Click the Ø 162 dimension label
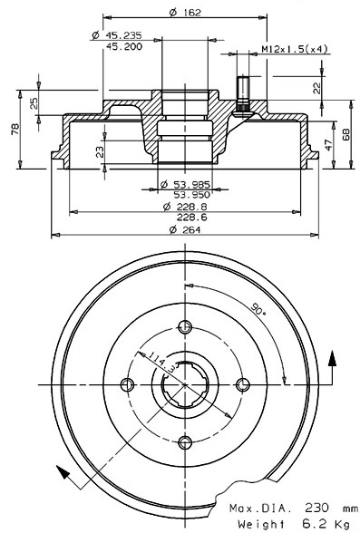point(185,12)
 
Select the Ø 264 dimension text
point(185,229)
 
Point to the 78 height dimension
point(15,130)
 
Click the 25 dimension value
point(35,102)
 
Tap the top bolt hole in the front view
point(186,327)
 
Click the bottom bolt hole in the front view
point(186,441)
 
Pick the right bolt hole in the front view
point(243,384)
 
